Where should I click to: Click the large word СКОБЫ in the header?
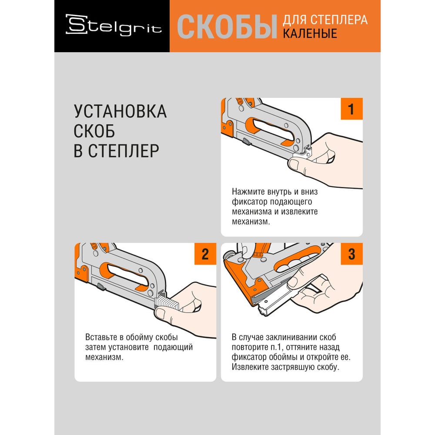coord(227,27)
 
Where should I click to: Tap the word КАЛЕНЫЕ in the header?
coord(310,33)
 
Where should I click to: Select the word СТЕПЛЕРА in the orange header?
coord(339,20)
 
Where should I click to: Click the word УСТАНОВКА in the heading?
coord(120,111)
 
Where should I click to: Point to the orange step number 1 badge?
coord(351,109)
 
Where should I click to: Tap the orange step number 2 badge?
coord(205,254)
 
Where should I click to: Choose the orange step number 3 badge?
coord(351,254)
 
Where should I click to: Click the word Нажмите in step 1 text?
coord(248,192)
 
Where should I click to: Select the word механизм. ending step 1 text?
coord(251,222)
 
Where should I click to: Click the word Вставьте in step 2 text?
coord(101,337)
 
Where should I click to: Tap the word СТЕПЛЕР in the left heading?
coord(124,151)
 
